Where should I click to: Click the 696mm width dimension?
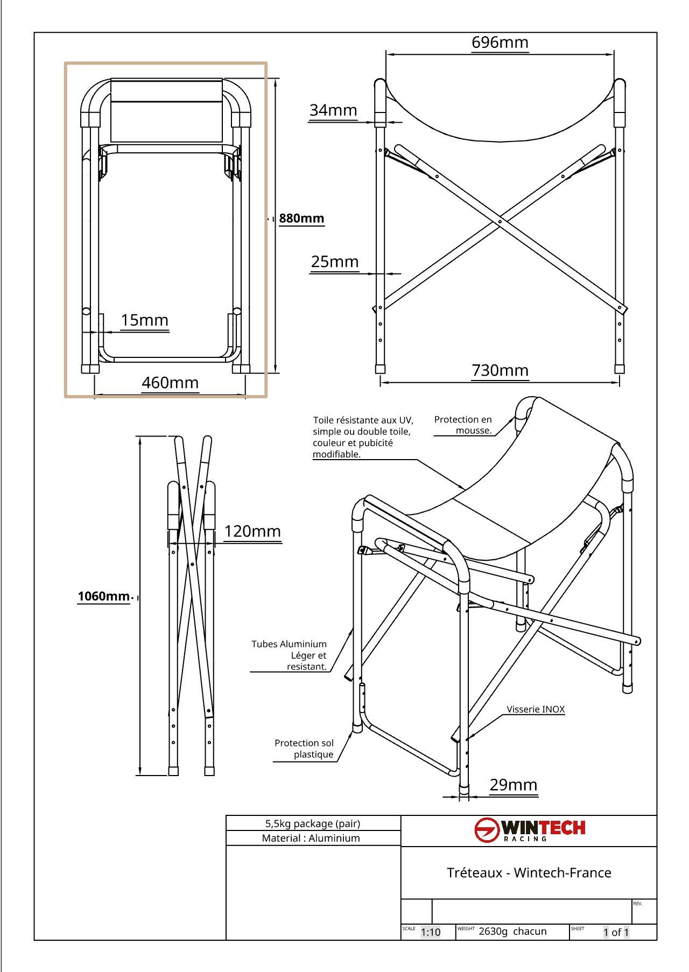point(500,43)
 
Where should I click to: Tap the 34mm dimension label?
point(333,110)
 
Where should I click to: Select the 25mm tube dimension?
point(334,262)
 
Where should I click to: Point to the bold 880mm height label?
point(301,219)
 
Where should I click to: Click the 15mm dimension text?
point(144,320)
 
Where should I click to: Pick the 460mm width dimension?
point(170,383)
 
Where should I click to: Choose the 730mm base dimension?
point(500,371)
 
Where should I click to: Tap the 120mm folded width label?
point(252,532)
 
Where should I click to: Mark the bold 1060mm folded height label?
point(104,596)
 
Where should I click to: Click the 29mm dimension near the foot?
point(513,785)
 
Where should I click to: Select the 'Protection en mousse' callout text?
point(463,425)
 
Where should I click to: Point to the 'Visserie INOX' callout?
point(536,709)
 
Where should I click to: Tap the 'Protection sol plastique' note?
point(304,749)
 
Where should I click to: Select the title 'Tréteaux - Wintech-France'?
point(529,872)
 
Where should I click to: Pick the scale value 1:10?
point(431,932)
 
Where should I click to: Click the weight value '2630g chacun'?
point(512,932)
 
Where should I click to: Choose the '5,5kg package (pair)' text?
point(312,823)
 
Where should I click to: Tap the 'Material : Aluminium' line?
point(311,838)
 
